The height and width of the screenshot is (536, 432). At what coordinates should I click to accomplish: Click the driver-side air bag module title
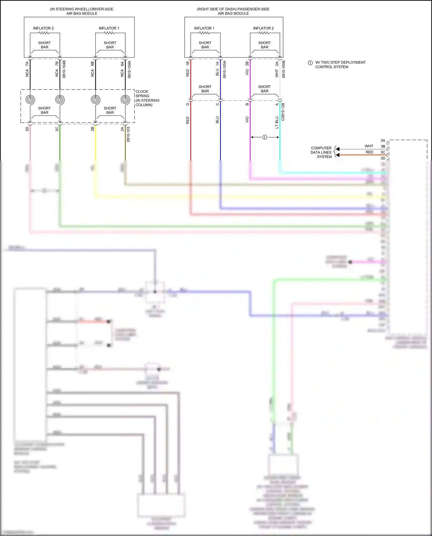tap(82, 11)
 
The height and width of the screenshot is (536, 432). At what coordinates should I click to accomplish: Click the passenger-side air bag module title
tap(233, 11)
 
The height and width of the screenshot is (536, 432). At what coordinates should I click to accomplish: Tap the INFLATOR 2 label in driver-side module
tap(43, 28)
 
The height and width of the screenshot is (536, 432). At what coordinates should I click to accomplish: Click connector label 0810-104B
tap(64, 69)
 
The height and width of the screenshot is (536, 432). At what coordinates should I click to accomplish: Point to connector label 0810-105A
tap(225, 69)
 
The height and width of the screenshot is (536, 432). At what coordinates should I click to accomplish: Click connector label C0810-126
tap(283, 112)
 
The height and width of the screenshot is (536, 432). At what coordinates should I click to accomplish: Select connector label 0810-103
tap(128, 134)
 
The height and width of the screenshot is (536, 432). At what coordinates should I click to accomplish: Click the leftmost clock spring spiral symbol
tap(30, 100)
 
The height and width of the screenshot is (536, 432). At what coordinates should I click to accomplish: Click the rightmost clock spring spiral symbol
tap(125, 100)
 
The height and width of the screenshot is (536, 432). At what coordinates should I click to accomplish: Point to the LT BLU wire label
tap(277, 122)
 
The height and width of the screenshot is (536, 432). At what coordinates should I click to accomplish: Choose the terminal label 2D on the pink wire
tap(27, 129)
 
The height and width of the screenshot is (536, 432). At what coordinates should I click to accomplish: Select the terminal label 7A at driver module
tap(27, 64)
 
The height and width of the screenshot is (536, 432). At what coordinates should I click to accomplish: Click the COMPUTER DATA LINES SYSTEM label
tap(321, 152)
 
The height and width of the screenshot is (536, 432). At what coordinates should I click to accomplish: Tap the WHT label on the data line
tap(369, 146)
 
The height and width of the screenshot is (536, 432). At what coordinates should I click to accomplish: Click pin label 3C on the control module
tap(383, 152)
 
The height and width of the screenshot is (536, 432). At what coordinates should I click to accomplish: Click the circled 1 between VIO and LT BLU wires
tap(265, 137)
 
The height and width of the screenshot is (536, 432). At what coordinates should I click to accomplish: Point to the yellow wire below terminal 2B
tap(95, 144)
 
